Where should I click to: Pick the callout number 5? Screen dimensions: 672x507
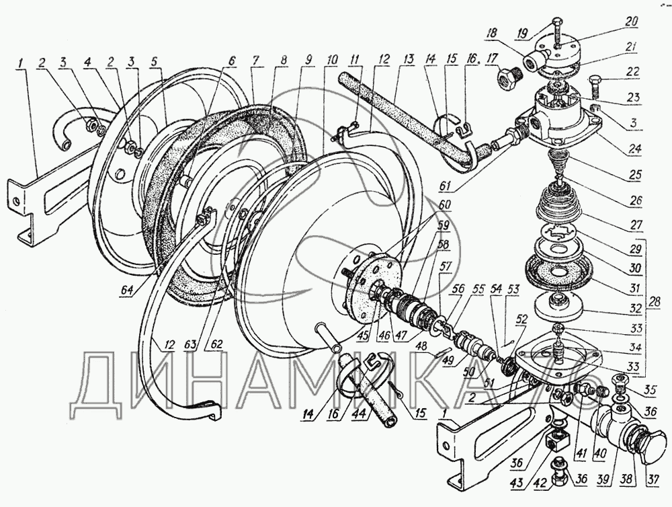click(155, 62)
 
